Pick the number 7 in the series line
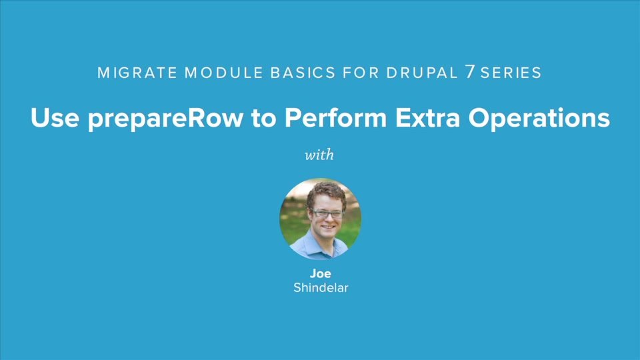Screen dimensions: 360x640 tap(469, 73)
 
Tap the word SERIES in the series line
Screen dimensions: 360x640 tap(511, 73)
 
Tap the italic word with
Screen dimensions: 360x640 tap(319, 155)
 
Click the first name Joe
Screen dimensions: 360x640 tap(320, 274)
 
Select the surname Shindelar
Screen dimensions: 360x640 tap(320, 288)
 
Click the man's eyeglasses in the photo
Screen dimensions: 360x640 tap(327, 214)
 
